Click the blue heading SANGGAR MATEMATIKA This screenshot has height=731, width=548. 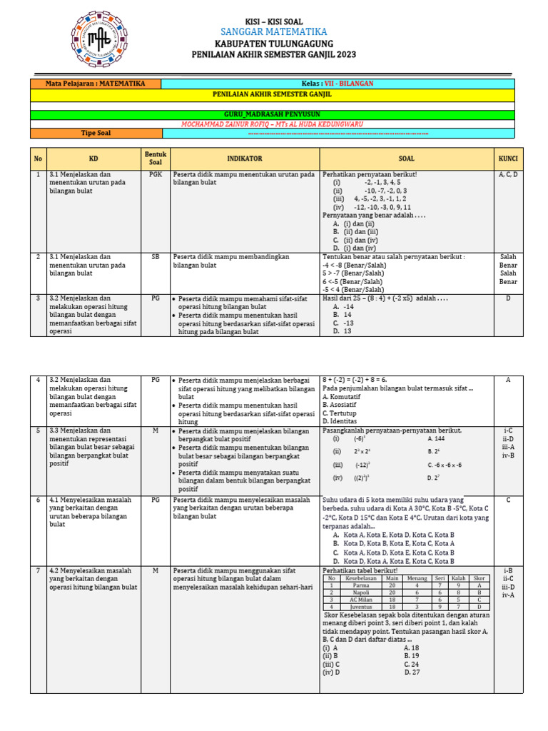point(274,31)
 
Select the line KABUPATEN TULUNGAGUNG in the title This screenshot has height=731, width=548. point(274,44)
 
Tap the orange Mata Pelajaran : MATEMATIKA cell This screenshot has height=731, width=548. point(96,84)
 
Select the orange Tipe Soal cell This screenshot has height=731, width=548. point(96,133)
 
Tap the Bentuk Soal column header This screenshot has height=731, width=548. point(155,158)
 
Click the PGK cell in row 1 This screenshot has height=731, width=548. point(155,174)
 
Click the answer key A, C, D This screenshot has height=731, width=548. point(507,174)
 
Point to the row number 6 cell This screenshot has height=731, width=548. point(39,500)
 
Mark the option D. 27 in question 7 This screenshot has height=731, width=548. point(412,672)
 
